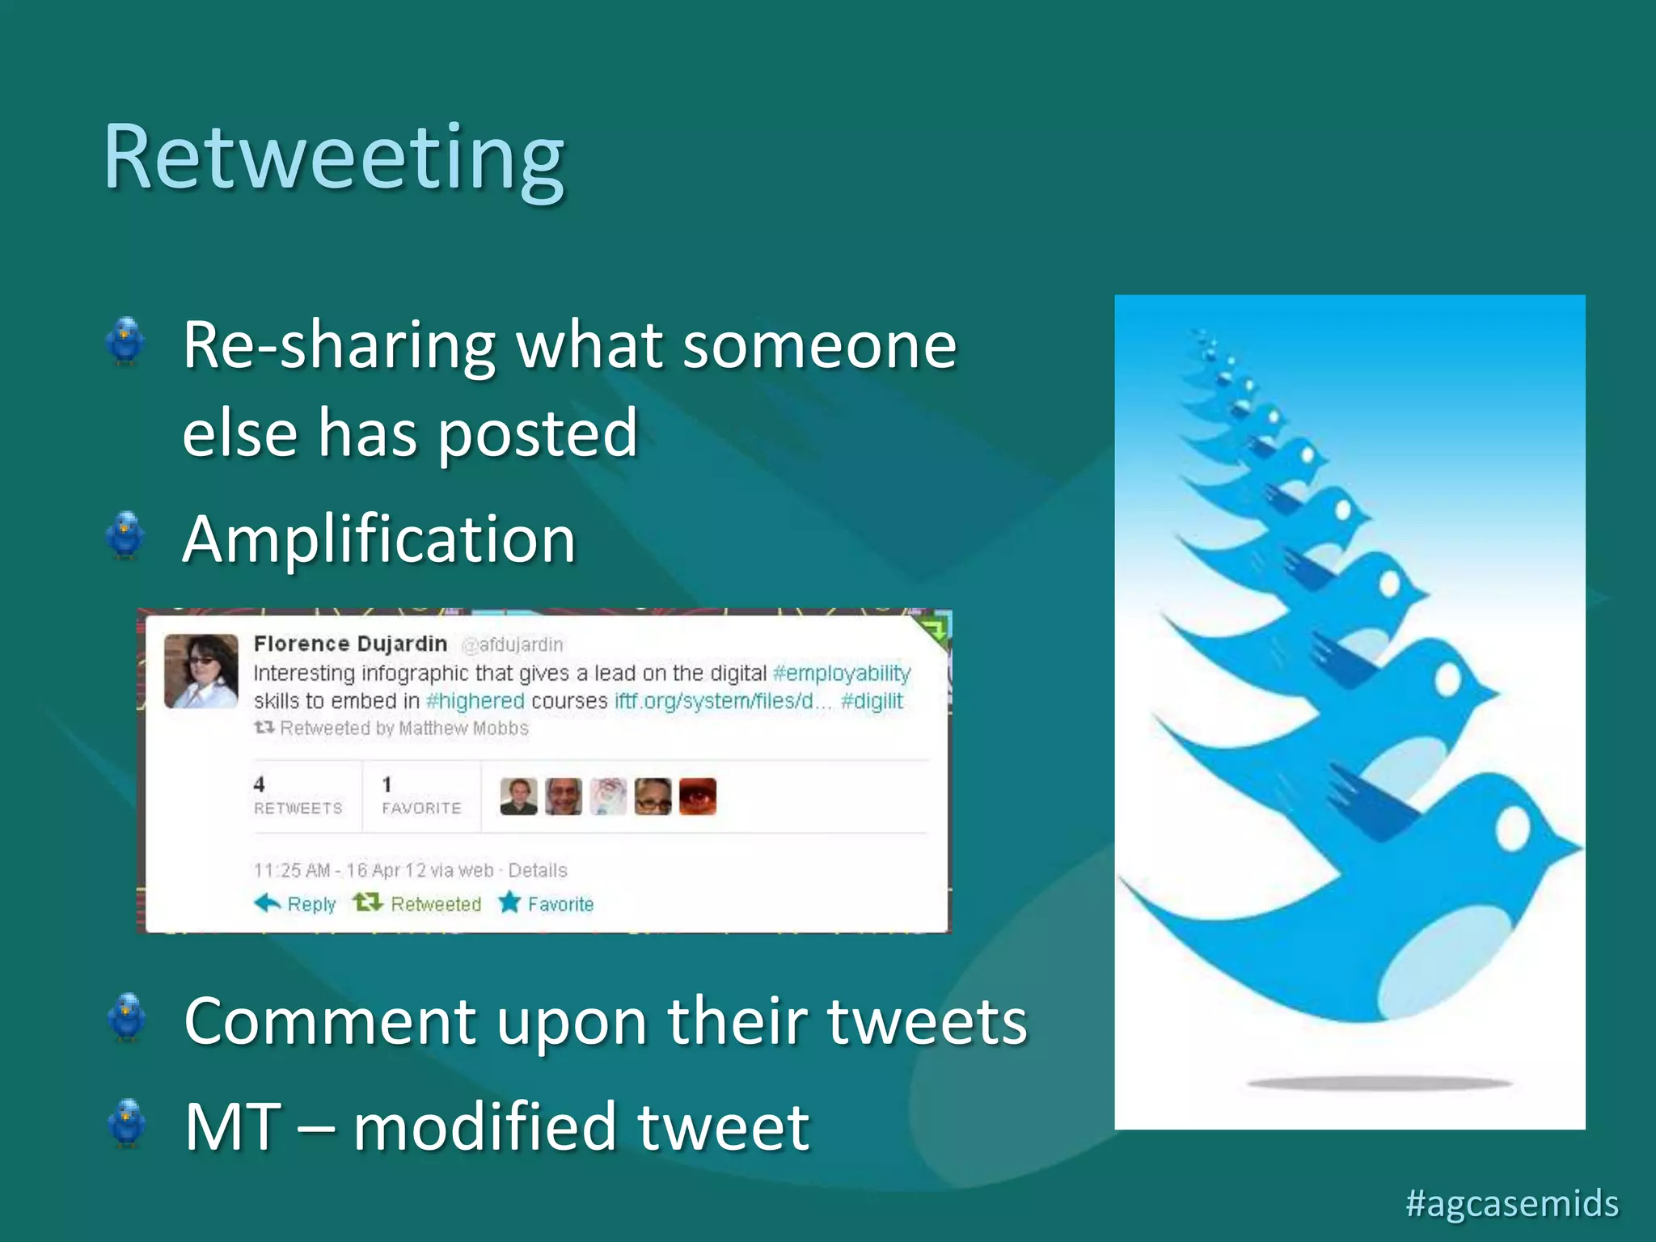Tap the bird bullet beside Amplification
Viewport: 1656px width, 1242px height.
pos(125,535)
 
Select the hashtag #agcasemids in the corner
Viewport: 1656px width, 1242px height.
pos(1511,1202)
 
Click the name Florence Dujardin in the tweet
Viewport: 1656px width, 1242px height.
pos(350,644)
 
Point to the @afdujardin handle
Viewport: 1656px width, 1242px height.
pos(513,644)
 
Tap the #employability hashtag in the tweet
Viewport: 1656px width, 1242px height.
pos(842,674)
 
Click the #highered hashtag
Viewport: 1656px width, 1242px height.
pos(475,701)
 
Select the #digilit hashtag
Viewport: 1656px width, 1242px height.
pos(872,701)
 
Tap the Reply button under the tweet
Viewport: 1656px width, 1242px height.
pos(296,903)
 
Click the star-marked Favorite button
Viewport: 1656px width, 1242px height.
pos(547,903)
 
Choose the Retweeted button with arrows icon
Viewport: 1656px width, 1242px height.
pos(418,903)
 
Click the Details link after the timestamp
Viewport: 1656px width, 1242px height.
pos(538,870)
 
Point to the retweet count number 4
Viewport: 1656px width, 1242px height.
pos(259,784)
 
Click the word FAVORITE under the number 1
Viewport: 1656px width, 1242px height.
pos(421,808)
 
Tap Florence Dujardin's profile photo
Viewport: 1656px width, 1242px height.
pos(201,671)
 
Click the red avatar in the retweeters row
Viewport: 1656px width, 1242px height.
pos(697,796)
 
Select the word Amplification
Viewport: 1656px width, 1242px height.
pos(378,539)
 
